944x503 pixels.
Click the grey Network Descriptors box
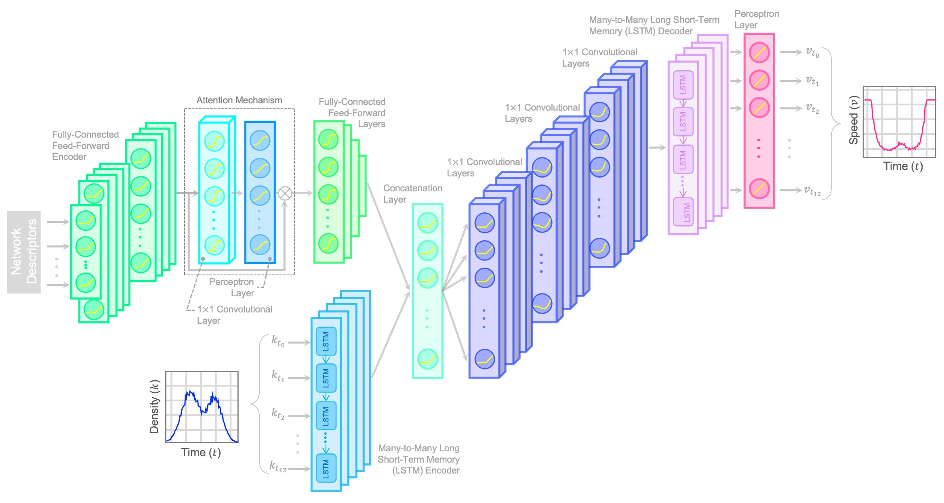click(24, 251)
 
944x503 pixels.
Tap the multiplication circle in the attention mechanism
click(285, 193)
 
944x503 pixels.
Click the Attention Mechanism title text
click(239, 100)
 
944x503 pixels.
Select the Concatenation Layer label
click(412, 194)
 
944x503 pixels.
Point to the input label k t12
click(278, 467)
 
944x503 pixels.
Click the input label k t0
click(278, 341)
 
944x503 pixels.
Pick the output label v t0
click(812, 52)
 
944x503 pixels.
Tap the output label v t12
click(812, 191)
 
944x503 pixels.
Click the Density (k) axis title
click(154, 407)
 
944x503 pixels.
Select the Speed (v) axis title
click(853, 120)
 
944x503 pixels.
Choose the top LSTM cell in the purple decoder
click(683, 85)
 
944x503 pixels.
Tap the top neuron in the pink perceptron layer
click(759, 52)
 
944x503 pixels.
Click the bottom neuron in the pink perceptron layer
click(759, 189)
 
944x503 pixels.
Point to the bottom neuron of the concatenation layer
click(427, 359)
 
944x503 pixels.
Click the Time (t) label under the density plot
click(201, 453)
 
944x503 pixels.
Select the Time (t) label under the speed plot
click(903, 166)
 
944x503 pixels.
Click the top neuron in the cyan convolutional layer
click(214, 141)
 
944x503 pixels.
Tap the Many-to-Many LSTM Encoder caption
click(418, 459)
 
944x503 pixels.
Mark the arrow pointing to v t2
click(790, 108)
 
